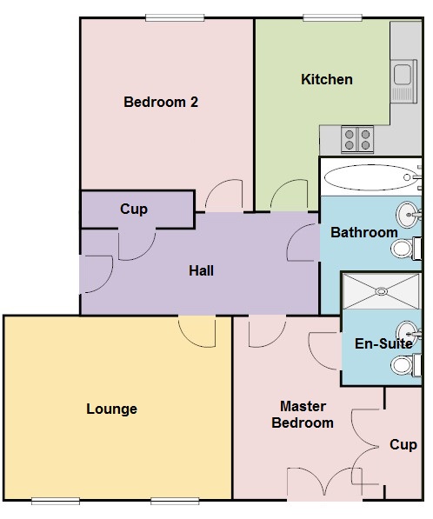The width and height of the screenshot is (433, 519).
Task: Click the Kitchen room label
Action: coord(327,79)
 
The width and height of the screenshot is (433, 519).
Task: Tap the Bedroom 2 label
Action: coord(161,102)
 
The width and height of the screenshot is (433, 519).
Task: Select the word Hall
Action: coord(201,270)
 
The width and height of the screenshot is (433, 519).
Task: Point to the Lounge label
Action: coord(112,409)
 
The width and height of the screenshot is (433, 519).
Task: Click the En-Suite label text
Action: coord(383,343)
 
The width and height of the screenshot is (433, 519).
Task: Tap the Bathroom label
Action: coord(364,232)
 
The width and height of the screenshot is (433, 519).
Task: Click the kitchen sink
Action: coord(403,81)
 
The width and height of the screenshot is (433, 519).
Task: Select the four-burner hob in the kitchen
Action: coord(357,139)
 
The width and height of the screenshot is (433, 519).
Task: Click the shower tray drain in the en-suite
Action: coord(382,291)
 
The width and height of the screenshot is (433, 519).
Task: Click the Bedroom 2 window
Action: coord(175,18)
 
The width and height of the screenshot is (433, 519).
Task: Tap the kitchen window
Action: coord(332,18)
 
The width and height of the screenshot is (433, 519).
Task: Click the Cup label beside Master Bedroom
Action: coord(403,444)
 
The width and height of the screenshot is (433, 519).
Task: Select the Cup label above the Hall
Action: coord(134,210)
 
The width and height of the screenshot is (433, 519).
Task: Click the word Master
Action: coord(303,407)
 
